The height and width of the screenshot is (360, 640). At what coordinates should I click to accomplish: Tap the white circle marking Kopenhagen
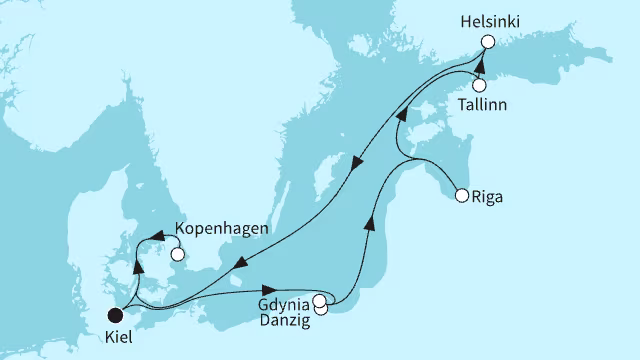coord(177,254)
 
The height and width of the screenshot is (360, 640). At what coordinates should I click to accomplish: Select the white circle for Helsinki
coord(488,42)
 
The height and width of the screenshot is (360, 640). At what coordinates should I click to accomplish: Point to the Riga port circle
coord(461,196)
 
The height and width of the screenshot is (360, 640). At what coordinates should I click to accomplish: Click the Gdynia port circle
coord(319,300)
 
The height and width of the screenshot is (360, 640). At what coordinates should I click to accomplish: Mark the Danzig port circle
coord(321,309)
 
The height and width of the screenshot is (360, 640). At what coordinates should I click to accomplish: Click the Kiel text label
coord(117,338)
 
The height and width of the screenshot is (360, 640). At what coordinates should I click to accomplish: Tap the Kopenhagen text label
coord(221,229)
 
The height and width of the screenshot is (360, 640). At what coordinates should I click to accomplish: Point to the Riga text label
coord(487,197)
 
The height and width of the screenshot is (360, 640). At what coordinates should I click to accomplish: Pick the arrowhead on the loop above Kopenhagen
coord(156,237)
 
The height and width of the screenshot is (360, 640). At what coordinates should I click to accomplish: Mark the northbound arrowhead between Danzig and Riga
coord(370,223)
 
